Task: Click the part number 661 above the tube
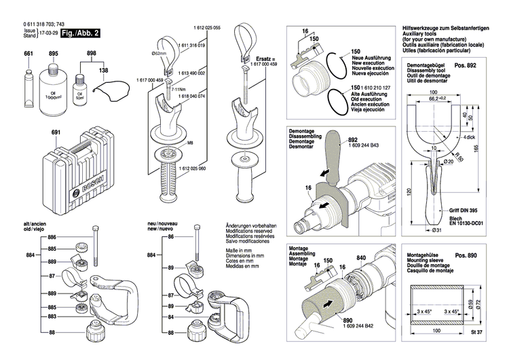point(29,54)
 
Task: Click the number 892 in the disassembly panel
point(352,134)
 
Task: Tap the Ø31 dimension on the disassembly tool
point(437,230)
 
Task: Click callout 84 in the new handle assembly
point(171,317)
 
